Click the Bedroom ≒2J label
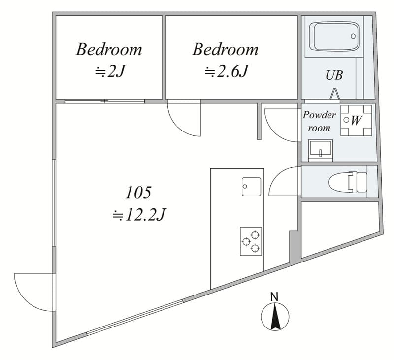109,60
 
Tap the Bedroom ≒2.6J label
226,60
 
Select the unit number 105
138,193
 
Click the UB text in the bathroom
334,75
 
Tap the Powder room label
319,121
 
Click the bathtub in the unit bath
334,36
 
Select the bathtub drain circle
353,36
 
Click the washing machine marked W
356,121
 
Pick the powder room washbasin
321,150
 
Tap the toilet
348,182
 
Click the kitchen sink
251,187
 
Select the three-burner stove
251,241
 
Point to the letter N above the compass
274,296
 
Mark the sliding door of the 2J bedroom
104,101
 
